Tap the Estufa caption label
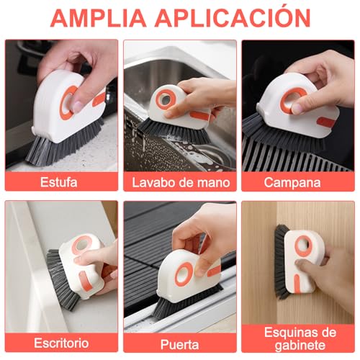[61, 181]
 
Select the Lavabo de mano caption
[179, 181]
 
